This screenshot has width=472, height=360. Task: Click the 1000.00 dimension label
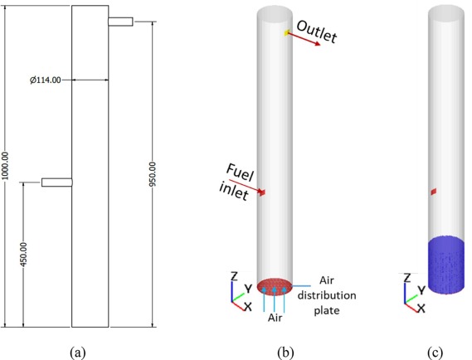pos(6,166)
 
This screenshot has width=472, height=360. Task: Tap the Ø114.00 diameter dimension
pos(45,80)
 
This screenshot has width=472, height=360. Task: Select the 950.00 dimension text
pos(153,174)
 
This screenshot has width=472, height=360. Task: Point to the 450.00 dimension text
pos(23,255)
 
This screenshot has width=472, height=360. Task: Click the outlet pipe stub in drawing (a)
pos(120,22)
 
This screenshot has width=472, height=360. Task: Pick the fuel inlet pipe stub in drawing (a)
pos(57,182)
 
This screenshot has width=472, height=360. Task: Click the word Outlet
pos(317,32)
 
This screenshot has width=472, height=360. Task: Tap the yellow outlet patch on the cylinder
pos(286,32)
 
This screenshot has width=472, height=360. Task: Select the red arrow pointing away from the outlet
pos(304,39)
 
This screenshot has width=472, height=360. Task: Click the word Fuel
pos(240,173)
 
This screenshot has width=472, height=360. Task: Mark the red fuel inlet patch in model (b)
pos(262,192)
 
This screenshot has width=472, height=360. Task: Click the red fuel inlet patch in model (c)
pos(434,192)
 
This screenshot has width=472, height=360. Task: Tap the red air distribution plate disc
pos(275,286)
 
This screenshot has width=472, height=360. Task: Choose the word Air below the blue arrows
pos(275,318)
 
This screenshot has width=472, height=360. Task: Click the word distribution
pos(327,295)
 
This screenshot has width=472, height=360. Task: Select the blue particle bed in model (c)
pos(446,265)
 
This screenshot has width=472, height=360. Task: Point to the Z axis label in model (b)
pos(234,276)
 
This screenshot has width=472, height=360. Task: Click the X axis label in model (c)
pos(421,308)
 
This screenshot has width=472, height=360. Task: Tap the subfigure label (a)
pos(78,352)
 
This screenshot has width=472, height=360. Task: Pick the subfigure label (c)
pos(435,352)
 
